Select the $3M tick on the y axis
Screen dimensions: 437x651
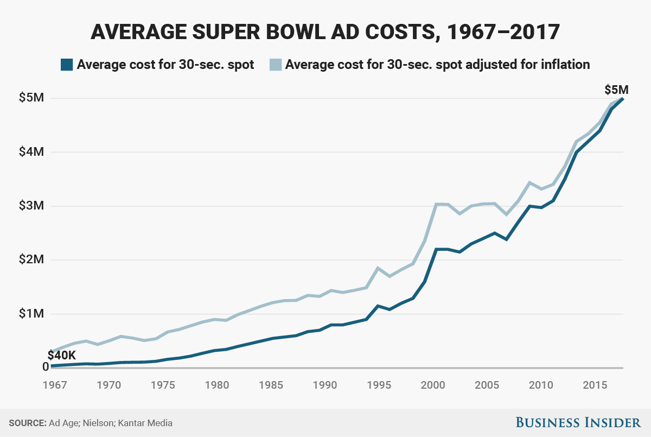coord(30,206)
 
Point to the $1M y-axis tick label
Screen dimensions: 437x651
coord(30,314)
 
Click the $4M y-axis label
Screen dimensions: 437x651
coord(30,152)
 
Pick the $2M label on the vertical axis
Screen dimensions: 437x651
coord(30,260)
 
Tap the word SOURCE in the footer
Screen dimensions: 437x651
coord(25,423)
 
